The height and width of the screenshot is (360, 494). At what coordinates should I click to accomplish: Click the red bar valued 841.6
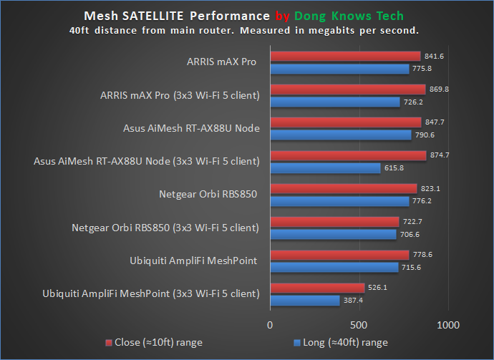[344, 56]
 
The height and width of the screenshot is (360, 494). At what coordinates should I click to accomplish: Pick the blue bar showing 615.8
[324, 168]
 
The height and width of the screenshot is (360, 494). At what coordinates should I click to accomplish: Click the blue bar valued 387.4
[304, 301]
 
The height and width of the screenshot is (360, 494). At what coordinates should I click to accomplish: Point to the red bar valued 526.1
[316, 288]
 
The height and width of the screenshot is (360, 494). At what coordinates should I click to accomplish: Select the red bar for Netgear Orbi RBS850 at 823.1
[343, 188]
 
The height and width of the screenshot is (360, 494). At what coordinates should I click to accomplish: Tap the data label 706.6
[409, 234]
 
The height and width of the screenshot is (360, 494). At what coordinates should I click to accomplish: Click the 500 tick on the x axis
[358, 325]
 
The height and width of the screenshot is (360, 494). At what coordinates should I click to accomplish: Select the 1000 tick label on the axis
[447, 325]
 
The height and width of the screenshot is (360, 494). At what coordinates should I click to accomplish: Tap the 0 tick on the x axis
[270, 325]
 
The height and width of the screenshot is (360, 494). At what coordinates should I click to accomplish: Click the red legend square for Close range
[110, 343]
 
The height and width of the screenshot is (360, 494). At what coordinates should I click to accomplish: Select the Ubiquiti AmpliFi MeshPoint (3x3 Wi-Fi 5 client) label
[151, 293]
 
